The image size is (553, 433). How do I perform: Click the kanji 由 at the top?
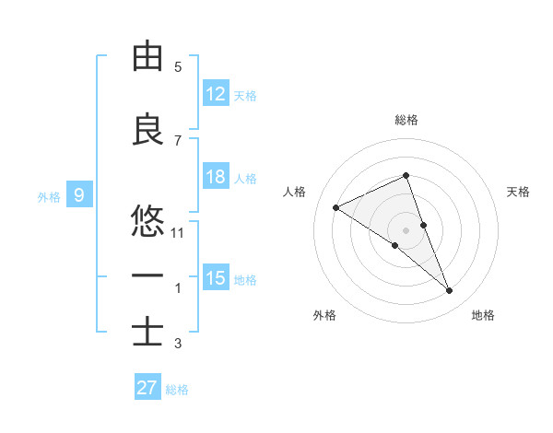click(x=147, y=57)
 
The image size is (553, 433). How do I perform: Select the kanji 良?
click(x=147, y=130)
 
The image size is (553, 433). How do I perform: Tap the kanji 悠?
click(x=147, y=221)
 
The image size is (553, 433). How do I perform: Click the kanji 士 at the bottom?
click(x=147, y=331)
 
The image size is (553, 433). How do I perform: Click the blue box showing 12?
click(x=216, y=93)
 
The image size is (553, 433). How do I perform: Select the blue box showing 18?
click(x=216, y=177)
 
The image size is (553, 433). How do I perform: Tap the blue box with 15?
click(x=216, y=278)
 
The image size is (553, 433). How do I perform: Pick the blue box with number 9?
click(x=79, y=194)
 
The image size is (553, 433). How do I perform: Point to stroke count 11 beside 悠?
click(x=178, y=233)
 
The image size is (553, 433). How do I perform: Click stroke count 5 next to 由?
click(x=178, y=67)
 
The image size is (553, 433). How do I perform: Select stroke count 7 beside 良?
click(x=178, y=140)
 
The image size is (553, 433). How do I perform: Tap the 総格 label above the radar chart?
click(x=406, y=120)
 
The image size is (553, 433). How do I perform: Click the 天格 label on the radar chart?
click(x=519, y=192)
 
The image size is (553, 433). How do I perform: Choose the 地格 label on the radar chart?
click(x=483, y=315)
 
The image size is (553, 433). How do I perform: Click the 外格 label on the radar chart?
click(x=324, y=315)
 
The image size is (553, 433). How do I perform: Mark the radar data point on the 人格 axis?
click(x=336, y=207)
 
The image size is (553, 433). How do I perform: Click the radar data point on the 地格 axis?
click(x=450, y=291)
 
